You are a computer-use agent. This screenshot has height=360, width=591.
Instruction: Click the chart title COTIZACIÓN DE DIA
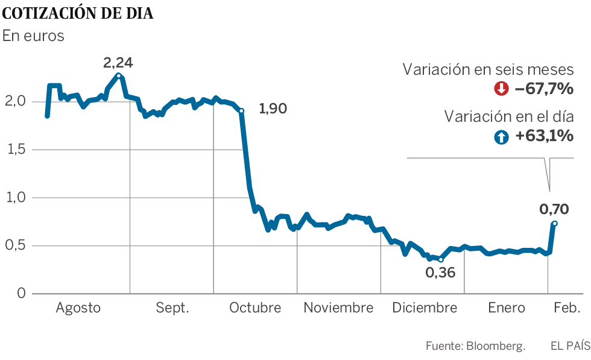tap(78, 13)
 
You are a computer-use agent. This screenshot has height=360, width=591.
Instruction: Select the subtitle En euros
tap(33, 36)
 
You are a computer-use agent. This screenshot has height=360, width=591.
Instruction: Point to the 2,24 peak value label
tap(118, 62)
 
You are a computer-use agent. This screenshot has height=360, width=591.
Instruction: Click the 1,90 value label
tap(273, 109)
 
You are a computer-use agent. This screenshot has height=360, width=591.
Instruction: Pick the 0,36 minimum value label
tap(440, 272)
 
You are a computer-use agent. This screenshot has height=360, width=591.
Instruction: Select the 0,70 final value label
tap(554, 209)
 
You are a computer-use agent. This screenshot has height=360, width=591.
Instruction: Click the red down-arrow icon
tap(501, 89)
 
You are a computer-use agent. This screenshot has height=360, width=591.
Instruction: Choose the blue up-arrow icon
tap(501, 137)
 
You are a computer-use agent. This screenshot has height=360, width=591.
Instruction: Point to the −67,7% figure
tap(543, 89)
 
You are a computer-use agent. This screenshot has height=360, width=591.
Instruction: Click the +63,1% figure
tap(544, 137)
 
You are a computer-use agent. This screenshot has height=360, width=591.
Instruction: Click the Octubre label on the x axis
tap(255, 308)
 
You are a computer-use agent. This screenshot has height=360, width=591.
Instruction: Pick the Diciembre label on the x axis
tap(424, 308)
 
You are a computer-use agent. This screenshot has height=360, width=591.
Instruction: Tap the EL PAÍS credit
tap(570, 346)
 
